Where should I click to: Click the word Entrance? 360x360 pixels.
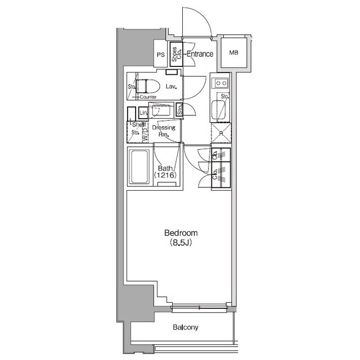click(200, 55)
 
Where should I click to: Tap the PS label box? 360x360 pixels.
click(161, 55)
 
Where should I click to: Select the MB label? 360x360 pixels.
click(233, 53)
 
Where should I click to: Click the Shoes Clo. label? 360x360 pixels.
click(177, 53)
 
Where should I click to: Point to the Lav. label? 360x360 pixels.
click(172, 87)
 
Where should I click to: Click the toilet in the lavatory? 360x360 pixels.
click(147, 87)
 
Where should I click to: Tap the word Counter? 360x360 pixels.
click(148, 97)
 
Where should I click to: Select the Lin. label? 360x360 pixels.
click(143, 112)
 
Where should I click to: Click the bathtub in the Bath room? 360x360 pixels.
click(138, 167)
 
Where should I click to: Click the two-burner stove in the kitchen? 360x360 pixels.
click(220, 84)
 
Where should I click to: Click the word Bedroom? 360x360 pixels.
click(181, 232)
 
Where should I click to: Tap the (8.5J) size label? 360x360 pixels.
click(181, 243)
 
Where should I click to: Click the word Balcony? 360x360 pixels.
click(185, 327)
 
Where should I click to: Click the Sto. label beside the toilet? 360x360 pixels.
click(131, 87)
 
